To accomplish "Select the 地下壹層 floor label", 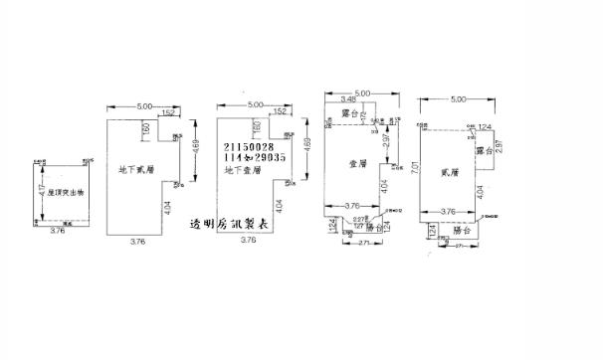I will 244,170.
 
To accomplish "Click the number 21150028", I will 249,147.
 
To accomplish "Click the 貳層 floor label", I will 449,172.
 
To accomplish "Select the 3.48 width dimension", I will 347,99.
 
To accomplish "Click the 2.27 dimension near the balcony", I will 360,218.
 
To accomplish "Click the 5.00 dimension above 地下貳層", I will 144,104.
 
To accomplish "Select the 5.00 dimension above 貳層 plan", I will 458,99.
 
